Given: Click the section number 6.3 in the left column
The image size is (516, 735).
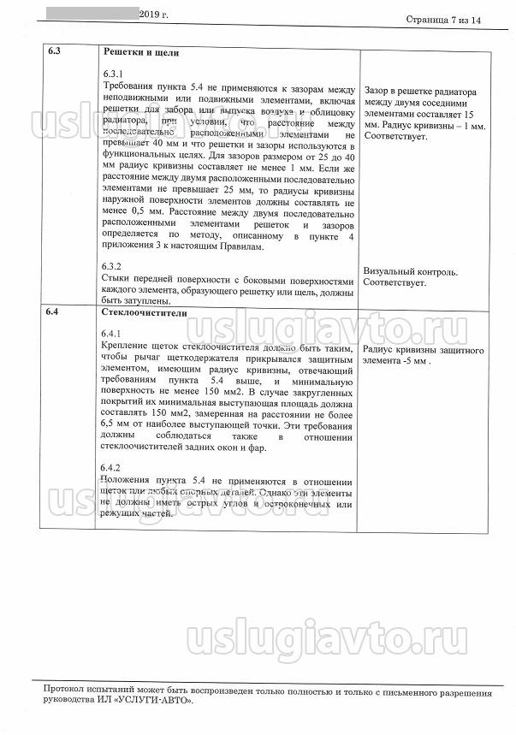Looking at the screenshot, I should point(53,51).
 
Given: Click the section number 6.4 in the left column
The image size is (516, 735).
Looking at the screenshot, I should point(53,312).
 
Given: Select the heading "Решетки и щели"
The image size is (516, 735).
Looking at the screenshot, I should point(141,51).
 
